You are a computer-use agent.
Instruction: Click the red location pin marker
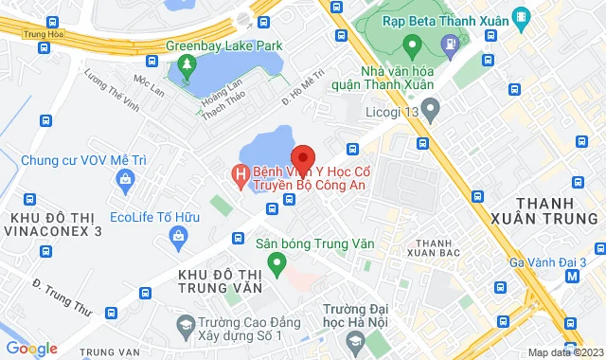click(x=303, y=156)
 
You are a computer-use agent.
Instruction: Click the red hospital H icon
click(x=241, y=174)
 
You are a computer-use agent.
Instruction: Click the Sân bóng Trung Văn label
click(x=315, y=243)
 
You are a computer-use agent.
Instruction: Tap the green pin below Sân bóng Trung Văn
click(x=276, y=262)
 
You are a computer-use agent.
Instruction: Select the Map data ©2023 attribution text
click(x=562, y=352)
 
